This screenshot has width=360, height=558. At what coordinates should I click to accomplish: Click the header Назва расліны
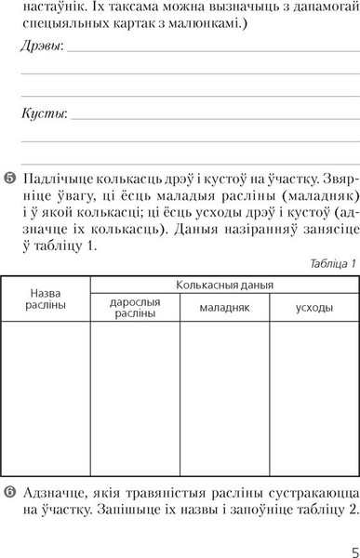point(45,299)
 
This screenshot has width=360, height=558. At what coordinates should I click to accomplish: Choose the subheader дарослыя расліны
point(135,308)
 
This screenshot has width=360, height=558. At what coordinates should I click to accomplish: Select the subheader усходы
point(309,307)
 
